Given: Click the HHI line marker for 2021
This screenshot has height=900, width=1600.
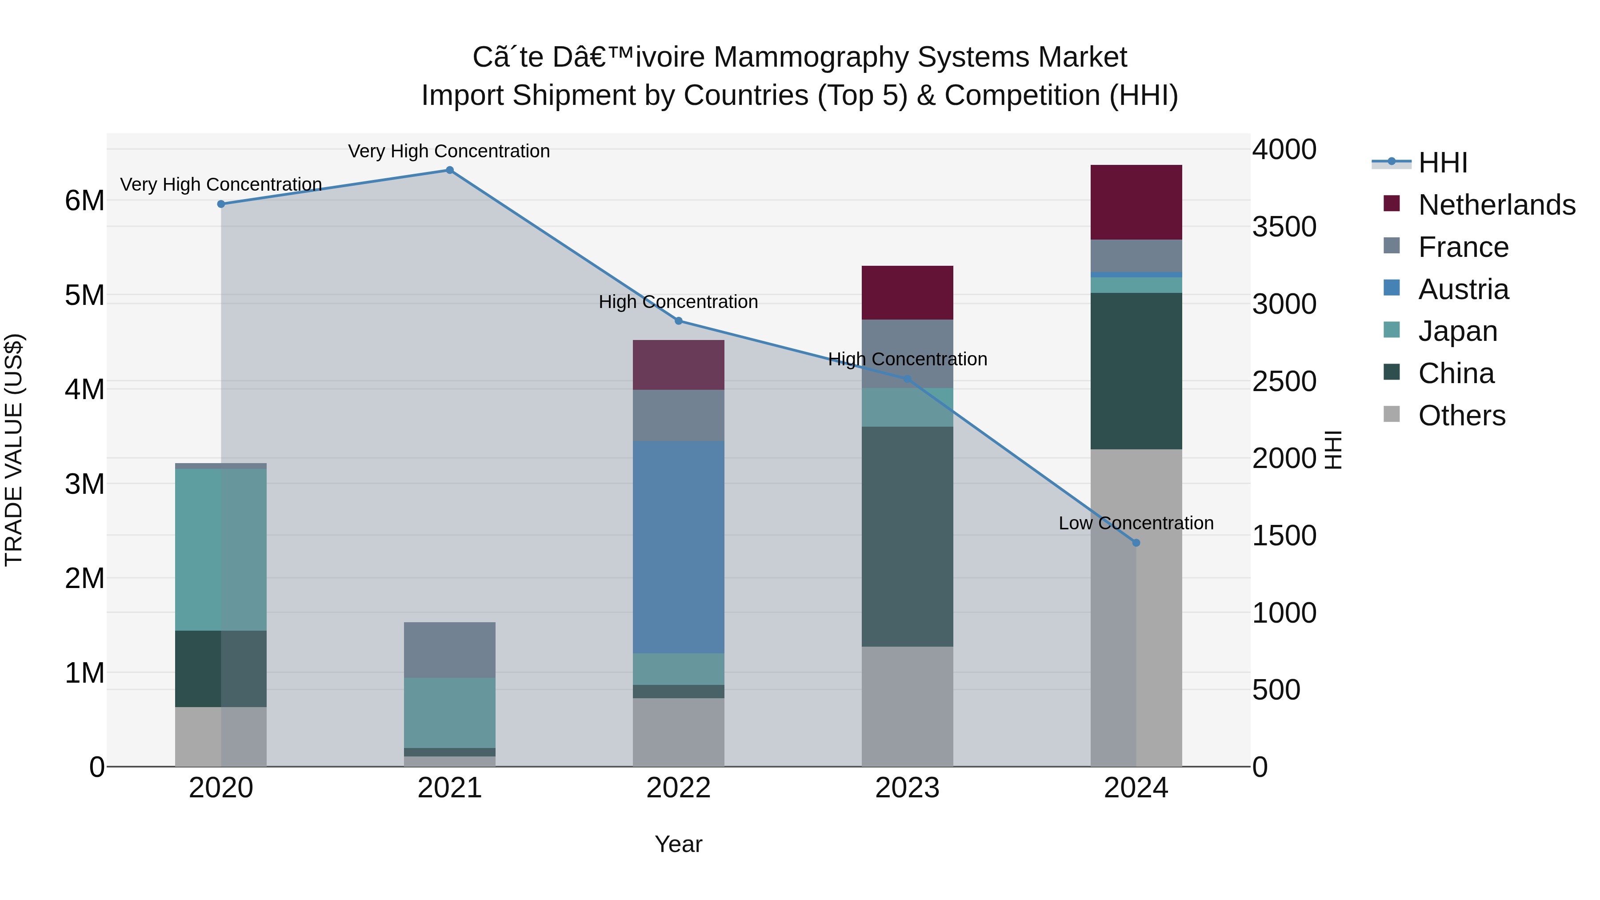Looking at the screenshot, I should [x=450, y=170].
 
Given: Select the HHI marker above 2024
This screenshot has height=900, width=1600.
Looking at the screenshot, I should [x=1136, y=543].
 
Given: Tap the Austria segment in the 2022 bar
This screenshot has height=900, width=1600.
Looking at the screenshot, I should [x=678, y=547].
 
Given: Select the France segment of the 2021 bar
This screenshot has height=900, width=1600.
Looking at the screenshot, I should [x=450, y=650].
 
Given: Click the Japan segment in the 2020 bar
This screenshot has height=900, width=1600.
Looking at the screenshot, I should [x=220, y=550].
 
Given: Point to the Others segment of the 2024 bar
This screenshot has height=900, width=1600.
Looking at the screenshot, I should [x=1136, y=609].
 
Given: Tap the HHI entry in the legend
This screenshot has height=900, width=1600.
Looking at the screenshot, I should [x=1442, y=163].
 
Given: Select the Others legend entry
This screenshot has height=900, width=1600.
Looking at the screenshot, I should [x=1461, y=416].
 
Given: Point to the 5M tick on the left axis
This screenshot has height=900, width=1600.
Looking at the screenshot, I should [x=85, y=296].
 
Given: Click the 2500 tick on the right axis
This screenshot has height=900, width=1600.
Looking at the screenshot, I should [x=1283, y=381].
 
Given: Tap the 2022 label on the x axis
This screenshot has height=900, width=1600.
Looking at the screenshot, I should [x=678, y=788].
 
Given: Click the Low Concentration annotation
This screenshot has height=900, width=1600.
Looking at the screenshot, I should [x=1136, y=523].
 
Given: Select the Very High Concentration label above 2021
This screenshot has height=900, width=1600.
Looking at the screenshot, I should [x=448, y=151].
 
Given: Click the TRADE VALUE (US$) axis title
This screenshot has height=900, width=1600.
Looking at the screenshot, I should [x=14, y=450].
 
